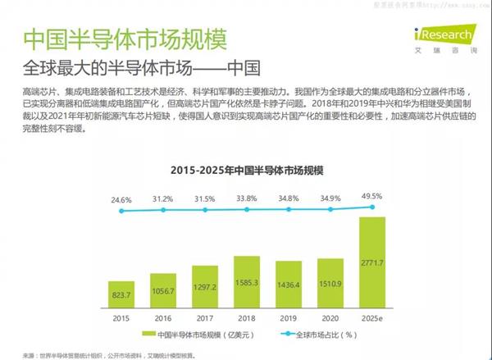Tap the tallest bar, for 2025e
point(371,261)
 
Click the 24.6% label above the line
point(121,199)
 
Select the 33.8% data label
point(247,198)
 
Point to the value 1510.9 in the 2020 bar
point(331,288)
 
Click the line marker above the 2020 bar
point(331,209)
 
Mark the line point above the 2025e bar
point(371,206)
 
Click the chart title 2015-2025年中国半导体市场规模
point(248,171)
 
